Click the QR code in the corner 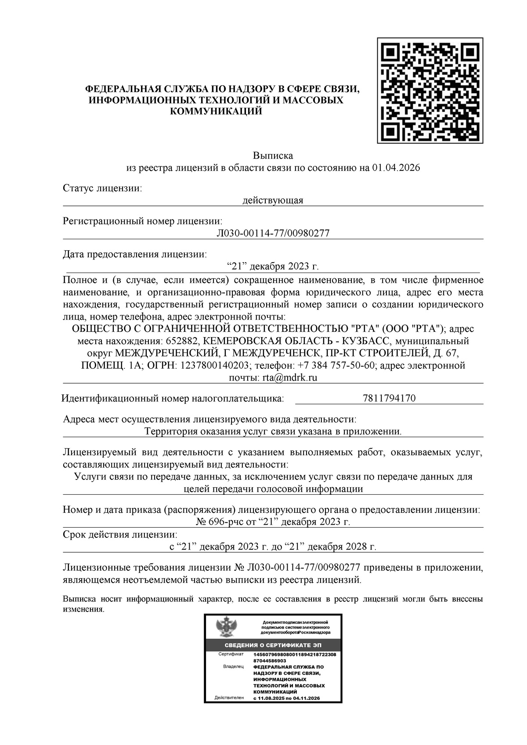(x=430, y=90)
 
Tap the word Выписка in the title (x=273, y=156)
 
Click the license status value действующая (x=273, y=201)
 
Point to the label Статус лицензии (x=102, y=188)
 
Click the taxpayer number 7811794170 (x=389, y=399)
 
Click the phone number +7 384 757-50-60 (x=336, y=366)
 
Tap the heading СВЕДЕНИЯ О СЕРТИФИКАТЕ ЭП (x=273, y=645)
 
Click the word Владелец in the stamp (x=233, y=666)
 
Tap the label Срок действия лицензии (x=120, y=535)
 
